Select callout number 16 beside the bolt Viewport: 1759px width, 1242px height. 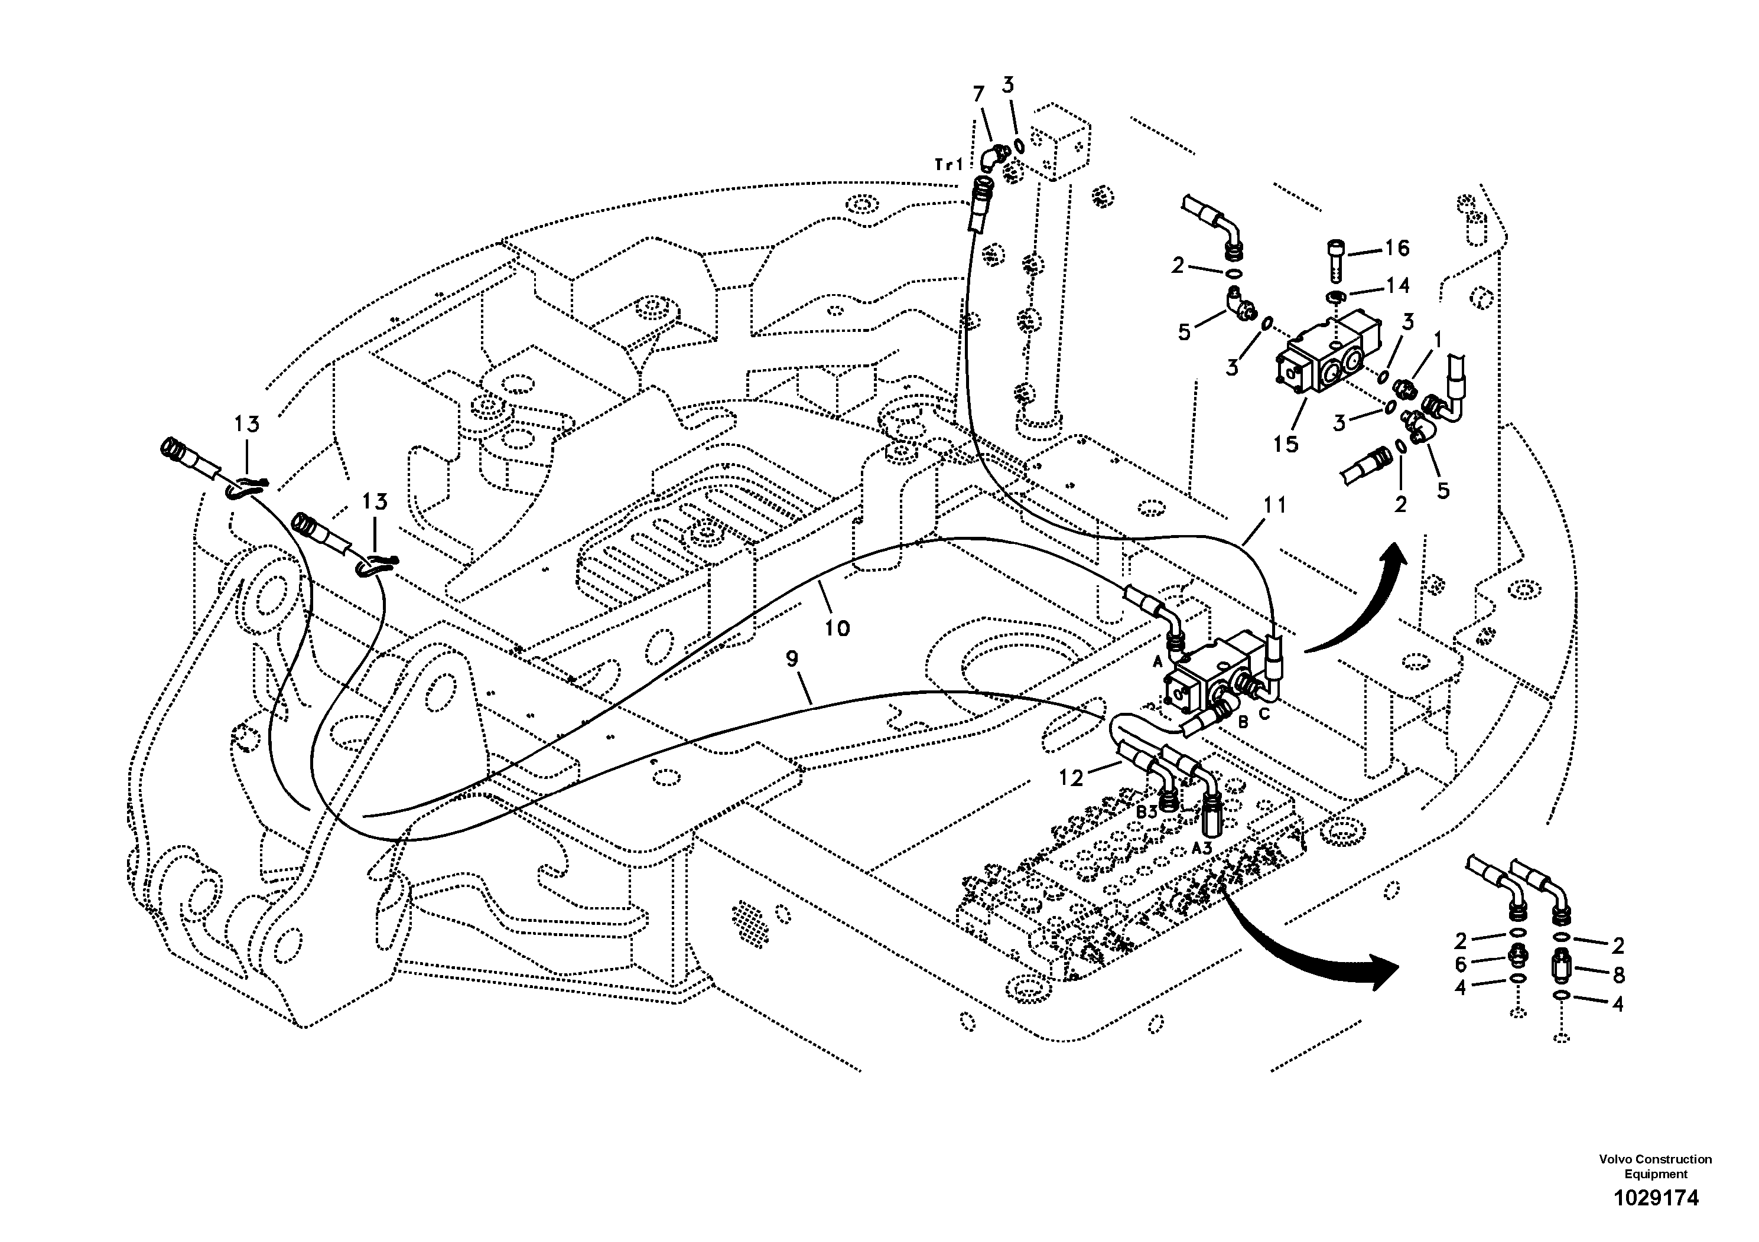pyautogui.click(x=1397, y=248)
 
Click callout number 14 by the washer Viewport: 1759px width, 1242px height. pyautogui.click(x=1397, y=286)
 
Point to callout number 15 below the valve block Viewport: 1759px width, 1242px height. pyautogui.click(x=1286, y=444)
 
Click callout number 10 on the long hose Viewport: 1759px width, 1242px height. pyautogui.click(x=837, y=628)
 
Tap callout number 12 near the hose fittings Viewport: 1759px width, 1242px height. pyautogui.click(x=1071, y=778)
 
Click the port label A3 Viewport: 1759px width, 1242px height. pyautogui.click(x=1202, y=847)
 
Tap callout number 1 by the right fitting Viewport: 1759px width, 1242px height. pyautogui.click(x=1438, y=338)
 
